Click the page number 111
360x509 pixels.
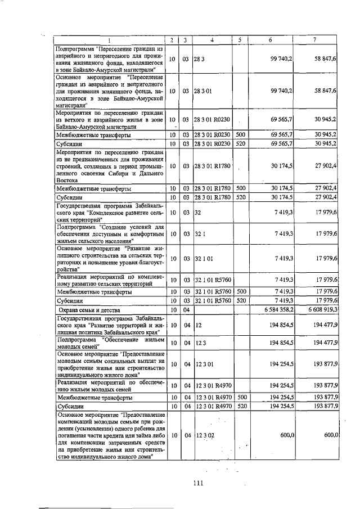196,482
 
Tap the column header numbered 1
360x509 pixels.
109,39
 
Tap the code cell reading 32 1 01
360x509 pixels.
203,258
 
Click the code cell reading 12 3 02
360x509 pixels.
203,435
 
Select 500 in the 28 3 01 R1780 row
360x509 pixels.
240,187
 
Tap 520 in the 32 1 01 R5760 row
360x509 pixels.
240,301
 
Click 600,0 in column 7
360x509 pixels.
329,435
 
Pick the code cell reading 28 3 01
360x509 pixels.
203,90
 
